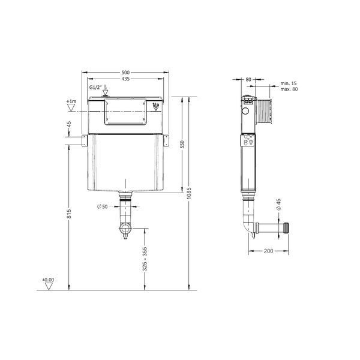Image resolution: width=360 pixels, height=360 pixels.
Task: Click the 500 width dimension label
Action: point(125,73)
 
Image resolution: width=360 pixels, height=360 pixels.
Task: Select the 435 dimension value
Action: point(125,79)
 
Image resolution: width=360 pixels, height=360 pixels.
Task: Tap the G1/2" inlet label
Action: point(95,88)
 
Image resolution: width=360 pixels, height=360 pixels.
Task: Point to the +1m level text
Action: point(71,101)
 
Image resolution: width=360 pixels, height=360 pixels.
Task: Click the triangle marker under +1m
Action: point(71,107)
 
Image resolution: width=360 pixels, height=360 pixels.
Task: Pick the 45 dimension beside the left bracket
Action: point(69,124)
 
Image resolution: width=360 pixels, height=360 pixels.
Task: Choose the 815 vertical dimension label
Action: point(69,214)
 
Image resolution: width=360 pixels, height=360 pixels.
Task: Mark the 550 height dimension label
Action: point(182,144)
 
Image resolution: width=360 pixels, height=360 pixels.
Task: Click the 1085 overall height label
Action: point(189,193)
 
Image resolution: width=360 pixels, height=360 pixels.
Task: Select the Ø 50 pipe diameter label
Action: point(103,206)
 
